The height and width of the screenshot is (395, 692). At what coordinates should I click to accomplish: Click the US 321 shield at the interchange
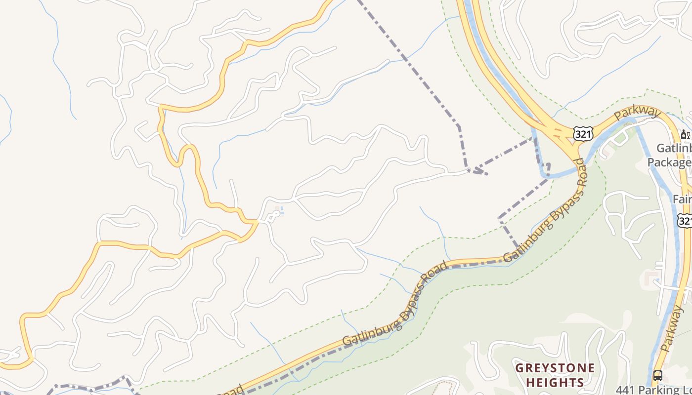point(583,133)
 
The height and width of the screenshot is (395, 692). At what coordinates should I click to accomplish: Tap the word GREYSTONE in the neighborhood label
point(555,368)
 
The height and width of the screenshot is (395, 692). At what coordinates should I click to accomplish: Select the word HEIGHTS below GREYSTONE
point(555,382)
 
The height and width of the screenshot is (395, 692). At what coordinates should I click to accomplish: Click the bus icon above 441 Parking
point(657,375)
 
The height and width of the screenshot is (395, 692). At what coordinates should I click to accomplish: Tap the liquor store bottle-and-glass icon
point(685,134)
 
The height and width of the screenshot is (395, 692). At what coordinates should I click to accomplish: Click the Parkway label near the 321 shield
point(637,114)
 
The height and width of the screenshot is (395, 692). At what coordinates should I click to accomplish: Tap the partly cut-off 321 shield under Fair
point(685,220)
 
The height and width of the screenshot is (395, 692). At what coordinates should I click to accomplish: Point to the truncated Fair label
point(682,199)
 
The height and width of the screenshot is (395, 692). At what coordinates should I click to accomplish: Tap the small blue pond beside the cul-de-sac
point(280,211)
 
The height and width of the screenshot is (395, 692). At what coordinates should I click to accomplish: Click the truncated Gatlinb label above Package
point(674,148)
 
